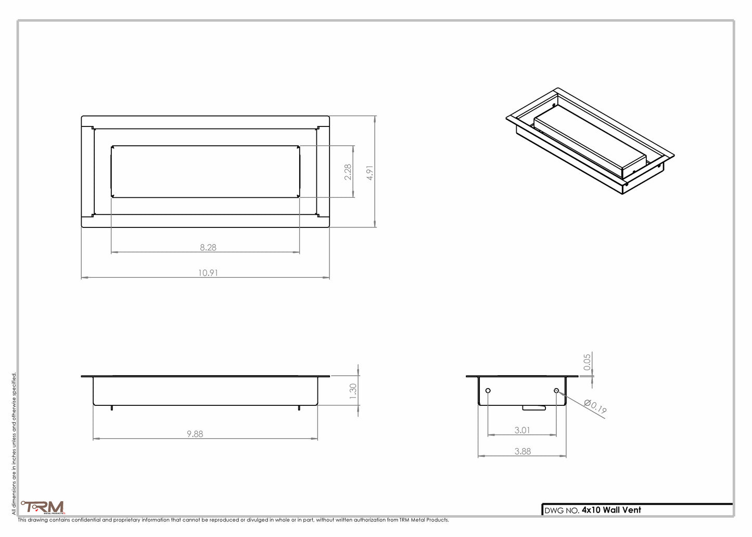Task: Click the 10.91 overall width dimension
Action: click(208, 273)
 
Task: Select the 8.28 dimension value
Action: click(208, 248)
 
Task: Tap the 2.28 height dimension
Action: click(348, 172)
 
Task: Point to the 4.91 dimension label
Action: click(370, 173)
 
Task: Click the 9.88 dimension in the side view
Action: click(195, 434)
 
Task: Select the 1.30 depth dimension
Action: click(353, 391)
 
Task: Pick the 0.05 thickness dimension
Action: click(587, 362)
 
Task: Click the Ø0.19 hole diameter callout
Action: click(595, 406)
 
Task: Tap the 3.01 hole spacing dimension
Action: click(522, 430)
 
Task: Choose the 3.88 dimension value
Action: click(522, 452)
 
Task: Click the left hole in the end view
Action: click(488, 391)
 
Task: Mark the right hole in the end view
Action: click(556, 391)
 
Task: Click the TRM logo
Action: click(43, 507)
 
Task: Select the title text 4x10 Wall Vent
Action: click(611, 510)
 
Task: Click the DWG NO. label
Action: click(562, 510)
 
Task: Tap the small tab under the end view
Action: click(534, 408)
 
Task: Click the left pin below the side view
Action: click(112, 408)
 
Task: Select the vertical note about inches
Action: click(14, 442)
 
